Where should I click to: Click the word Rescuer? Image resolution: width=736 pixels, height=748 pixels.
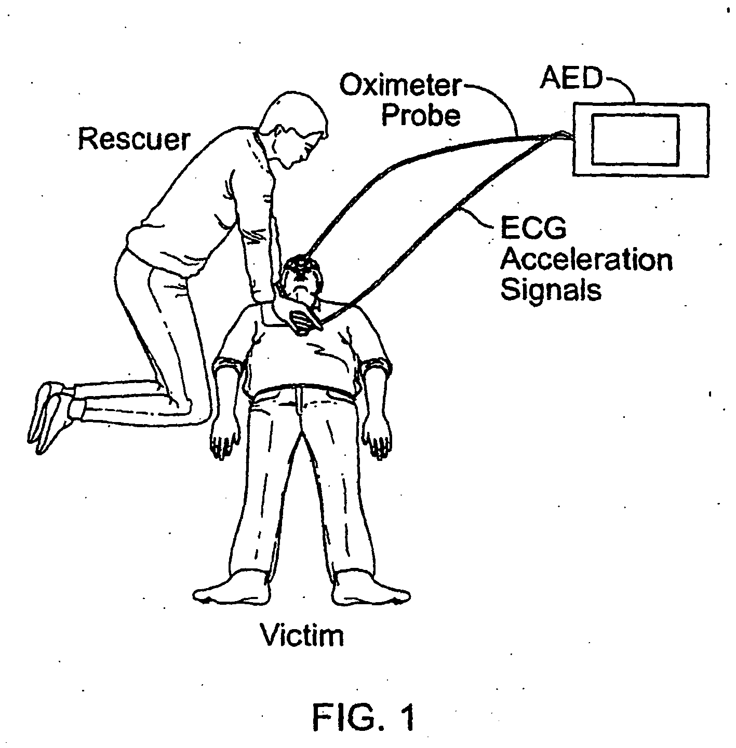134,139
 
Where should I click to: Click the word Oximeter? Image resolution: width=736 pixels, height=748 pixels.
400,85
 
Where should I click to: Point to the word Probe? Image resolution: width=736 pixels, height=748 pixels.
421,115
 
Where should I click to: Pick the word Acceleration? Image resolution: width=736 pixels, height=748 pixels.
586,260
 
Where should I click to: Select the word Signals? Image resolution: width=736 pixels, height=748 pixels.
551,290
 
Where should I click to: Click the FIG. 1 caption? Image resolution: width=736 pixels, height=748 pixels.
364,717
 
